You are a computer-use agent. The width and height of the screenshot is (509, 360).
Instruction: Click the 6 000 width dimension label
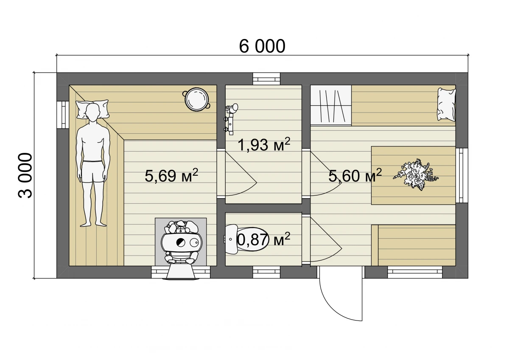coord(262,46)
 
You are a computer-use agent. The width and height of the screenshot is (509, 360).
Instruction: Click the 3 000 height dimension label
coord(25,175)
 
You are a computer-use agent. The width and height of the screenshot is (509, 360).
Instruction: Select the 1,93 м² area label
coord(264,144)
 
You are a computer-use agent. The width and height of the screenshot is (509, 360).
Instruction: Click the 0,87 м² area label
coord(263,239)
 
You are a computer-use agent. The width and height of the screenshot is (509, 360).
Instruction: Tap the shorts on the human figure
coord(93,172)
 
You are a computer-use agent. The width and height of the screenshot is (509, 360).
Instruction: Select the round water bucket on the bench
coord(196,99)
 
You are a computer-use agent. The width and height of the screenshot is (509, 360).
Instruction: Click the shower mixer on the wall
coord(231,119)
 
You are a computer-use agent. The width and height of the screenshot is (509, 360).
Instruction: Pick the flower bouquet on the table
coord(416,174)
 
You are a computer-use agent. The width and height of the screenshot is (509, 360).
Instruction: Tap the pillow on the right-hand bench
coord(447,104)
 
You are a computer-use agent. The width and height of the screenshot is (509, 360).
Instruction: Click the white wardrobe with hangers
coord(331,105)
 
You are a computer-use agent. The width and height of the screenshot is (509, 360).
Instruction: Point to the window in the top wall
coord(266,79)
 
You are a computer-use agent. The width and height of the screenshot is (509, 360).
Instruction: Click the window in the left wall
coord(63,115)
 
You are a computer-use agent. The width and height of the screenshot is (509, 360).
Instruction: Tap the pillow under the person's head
coord(92,110)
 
